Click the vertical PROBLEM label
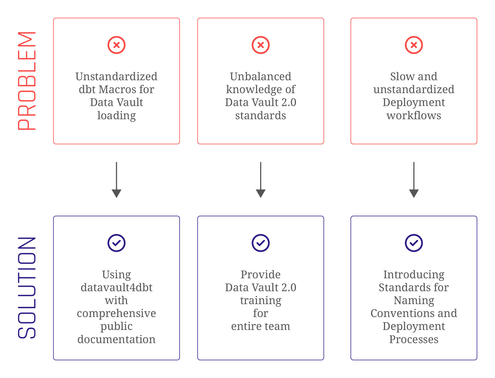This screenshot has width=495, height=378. click(x=27, y=81)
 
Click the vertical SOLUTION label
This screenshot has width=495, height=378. click(x=27, y=287)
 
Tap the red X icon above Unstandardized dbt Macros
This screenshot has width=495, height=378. click(x=117, y=45)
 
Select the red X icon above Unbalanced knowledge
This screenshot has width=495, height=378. click(x=261, y=45)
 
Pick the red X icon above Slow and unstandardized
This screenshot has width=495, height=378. click(x=414, y=45)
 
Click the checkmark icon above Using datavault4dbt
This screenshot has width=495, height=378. click(x=117, y=243)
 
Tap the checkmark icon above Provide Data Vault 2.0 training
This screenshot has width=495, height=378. click(x=261, y=243)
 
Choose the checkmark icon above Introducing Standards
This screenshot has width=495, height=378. click(x=414, y=243)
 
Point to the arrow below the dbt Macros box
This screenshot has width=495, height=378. click(x=117, y=180)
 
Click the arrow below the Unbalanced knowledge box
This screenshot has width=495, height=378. click(x=261, y=180)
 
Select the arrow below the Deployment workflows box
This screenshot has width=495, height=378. click(x=414, y=180)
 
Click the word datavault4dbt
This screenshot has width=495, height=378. click(x=117, y=288)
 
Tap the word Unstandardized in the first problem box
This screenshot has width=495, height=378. click(x=117, y=77)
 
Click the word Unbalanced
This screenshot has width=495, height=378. click(x=261, y=77)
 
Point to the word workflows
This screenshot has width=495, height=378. click(x=414, y=116)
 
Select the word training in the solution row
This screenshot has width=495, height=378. click(x=261, y=301)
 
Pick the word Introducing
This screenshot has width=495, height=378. click(x=414, y=275)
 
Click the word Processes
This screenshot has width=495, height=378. click(x=414, y=340)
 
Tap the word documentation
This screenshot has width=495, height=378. click(x=117, y=340)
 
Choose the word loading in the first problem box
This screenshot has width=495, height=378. click(x=117, y=116)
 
